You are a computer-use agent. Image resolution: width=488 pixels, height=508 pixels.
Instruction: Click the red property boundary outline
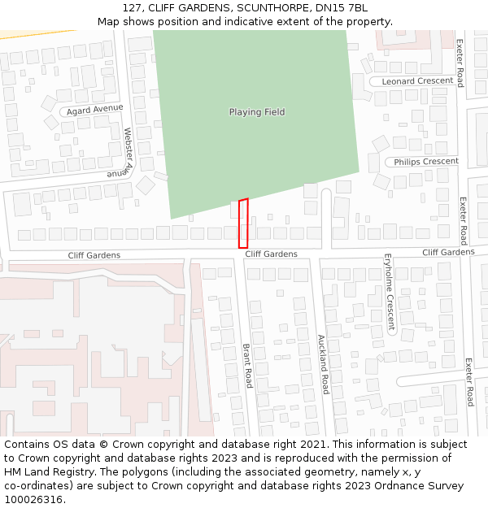[x=243, y=223]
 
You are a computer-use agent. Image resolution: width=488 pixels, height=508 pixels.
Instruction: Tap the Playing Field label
[x=257, y=112]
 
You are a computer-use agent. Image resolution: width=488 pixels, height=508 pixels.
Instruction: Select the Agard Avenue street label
[x=95, y=109]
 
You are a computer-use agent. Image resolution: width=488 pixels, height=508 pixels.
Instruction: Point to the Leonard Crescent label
[x=417, y=81]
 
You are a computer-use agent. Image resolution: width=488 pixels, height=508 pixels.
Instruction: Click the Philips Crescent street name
[x=426, y=162]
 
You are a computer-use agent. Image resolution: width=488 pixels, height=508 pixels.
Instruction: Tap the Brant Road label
[x=247, y=366]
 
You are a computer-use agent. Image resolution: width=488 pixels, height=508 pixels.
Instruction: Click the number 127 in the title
[x=133, y=7]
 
